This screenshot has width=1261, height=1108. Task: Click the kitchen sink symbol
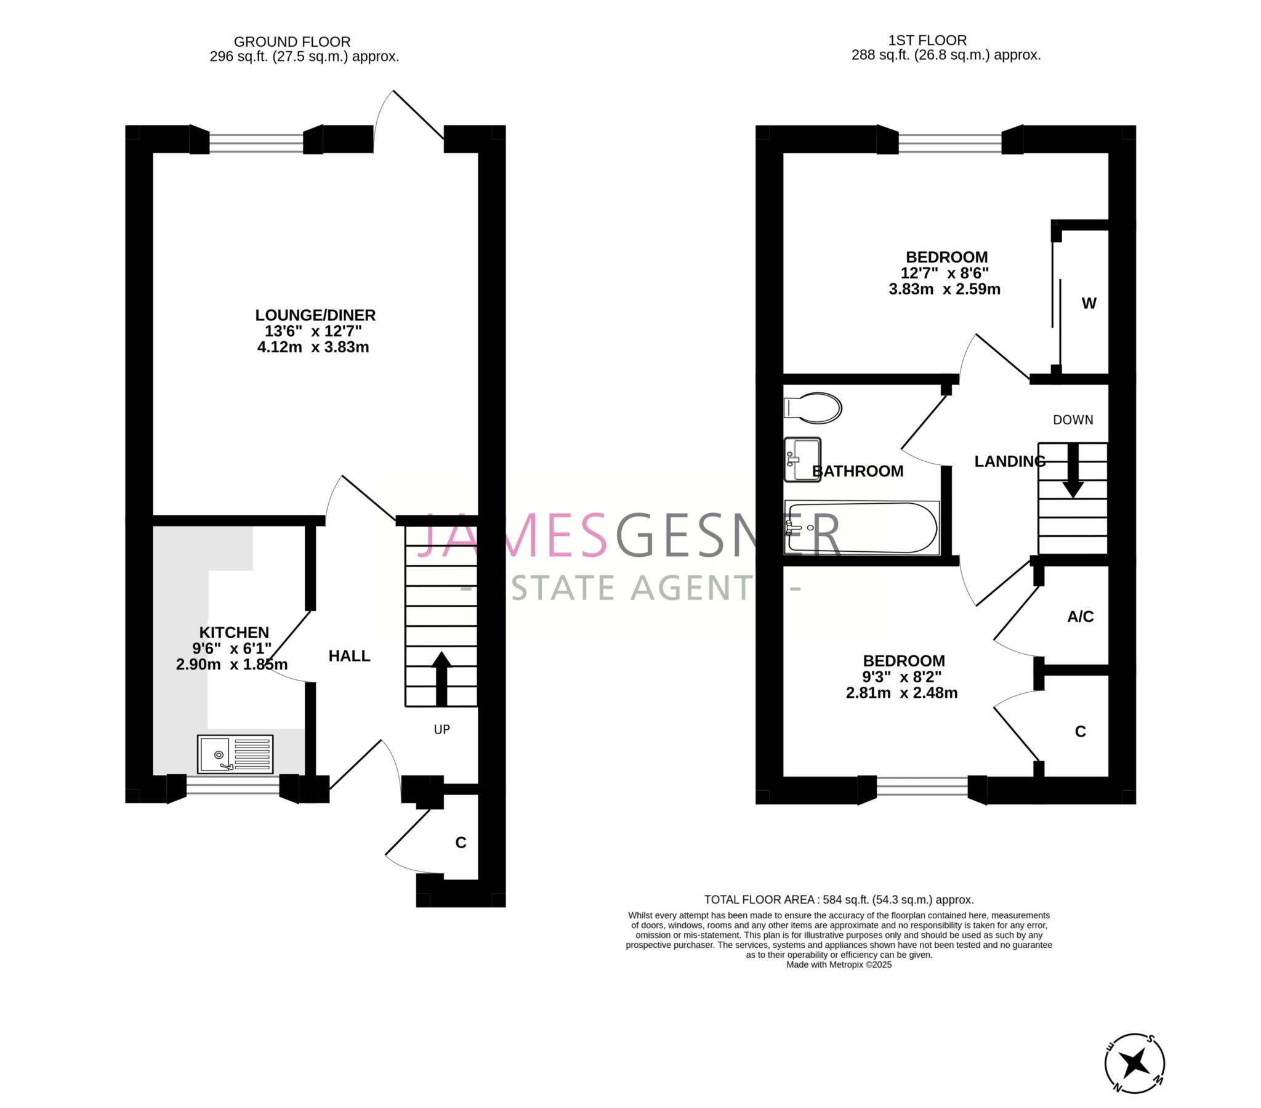click(235, 754)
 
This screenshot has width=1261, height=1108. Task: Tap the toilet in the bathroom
click(814, 408)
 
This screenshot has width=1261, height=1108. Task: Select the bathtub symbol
click(862, 528)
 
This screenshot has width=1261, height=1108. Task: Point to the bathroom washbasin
click(802, 459)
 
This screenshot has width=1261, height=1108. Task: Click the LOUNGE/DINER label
click(315, 315)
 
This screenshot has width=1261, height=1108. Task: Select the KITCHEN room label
click(234, 632)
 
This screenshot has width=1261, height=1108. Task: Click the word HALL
click(349, 655)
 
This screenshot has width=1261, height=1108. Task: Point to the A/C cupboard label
click(1080, 616)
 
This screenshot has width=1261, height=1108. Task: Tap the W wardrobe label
click(1089, 303)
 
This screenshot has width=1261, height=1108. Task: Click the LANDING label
click(1009, 461)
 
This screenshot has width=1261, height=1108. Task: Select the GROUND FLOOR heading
click(292, 42)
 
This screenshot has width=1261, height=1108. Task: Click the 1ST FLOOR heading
click(927, 41)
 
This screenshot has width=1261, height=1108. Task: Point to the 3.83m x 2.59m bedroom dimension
click(944, 289)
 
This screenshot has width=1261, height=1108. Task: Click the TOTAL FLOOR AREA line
click(839, 899)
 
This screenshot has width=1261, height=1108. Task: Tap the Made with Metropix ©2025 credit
click(839, 964)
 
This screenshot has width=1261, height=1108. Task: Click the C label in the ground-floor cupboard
click(460, 843)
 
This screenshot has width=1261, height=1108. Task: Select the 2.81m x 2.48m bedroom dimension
click(901, 693)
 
